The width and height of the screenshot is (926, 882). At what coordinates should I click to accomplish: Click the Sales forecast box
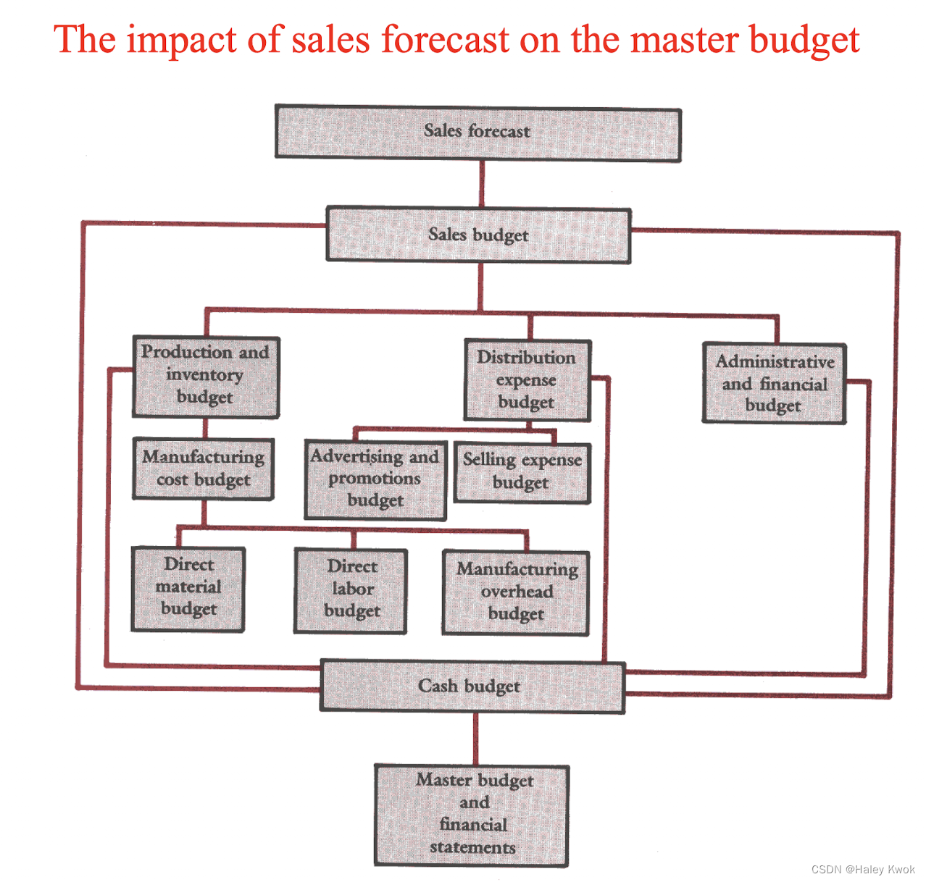(x=477, y=133)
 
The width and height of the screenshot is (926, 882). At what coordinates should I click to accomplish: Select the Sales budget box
(x=478, y=235)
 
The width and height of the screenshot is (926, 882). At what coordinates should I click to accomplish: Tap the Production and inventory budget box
(x=206, y=377)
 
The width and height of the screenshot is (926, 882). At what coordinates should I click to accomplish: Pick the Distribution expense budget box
(x=527, y=380)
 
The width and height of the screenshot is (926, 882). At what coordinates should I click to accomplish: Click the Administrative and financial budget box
(x=774, y=384)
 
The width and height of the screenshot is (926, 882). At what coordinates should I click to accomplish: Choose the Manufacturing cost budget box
(x=204, y=469)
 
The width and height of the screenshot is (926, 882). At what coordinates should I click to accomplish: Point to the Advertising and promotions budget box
(x=375, y=479)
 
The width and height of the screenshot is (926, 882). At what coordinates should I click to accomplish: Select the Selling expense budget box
(x=522, y=472)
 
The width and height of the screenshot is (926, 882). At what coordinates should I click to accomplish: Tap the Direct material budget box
(x=188, y=588)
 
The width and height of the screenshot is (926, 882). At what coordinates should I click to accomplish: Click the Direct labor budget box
(x=351, y=590)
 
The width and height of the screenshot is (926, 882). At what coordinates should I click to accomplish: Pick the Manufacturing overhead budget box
(x=515, y=592)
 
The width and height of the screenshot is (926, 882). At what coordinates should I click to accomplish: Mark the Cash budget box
(x=472, y=686)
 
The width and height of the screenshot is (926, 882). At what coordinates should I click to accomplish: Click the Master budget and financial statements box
(x=472, y=815)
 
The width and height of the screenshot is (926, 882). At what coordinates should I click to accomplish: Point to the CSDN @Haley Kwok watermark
(x=863, y=869)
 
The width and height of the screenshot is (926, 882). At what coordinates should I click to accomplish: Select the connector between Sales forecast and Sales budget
(x=482, y=185)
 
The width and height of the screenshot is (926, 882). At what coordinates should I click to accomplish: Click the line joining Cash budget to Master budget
(x=475, y=739)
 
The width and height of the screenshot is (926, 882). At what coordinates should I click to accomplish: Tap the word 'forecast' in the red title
(x=446, y=39)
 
